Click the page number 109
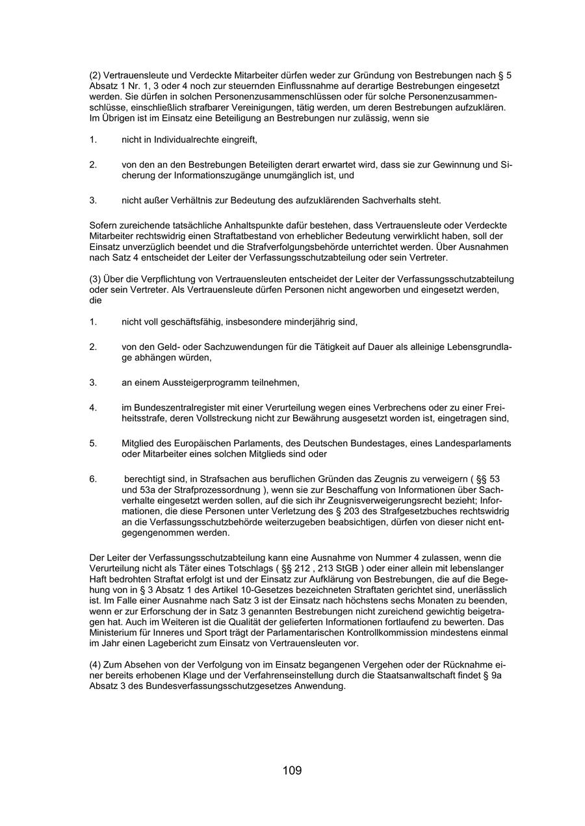[x=292, y=771]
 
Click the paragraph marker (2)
[x=96, y=75]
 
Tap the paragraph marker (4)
[x=96, y=665]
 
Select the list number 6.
[x=93, y=479]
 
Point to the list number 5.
[x=93, y=444]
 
